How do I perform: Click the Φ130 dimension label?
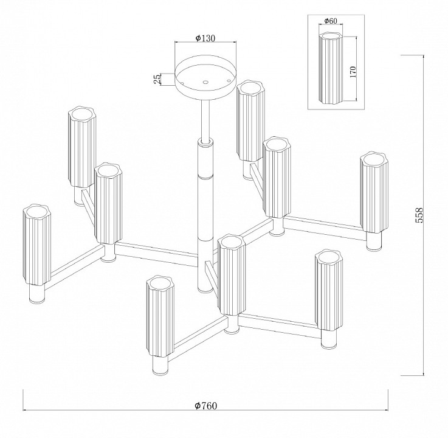pyautogui.click(x=205, y=38)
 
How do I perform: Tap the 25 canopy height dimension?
pyautogui.click(x=157, y=79)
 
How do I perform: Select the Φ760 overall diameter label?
pyautogui.click(x=205, y=406)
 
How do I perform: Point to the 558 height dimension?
pyautogui.click(x=419, y=215)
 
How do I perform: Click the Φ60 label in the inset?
pyautogui.click(x=331, y=21)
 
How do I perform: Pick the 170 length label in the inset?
pyautogui.click(x=353, y=72)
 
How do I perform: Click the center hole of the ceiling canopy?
pyautogui.click(x=205, y=82)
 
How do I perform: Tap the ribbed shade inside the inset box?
pyautogui.click(x=331, y=68)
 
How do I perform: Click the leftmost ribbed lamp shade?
pyautogui.click(x=37, y=245)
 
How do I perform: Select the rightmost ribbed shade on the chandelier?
pyautogui.click(x=374, y=193)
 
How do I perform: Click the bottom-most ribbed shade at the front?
pyautogui.click(x=160, y=316)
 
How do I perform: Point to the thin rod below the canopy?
pyautogui.click(x=205, y=119)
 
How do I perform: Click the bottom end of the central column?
pyautogui.click(x=205, y=290)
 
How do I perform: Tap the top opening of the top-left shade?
pyautogui.click(x=83, y=114)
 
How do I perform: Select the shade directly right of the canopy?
pyautogui.click(x=252, y=121)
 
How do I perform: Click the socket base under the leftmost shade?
pyautogui.click(x=37, y=294)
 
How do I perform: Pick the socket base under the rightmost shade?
pyautogui.click(x=374, y=242)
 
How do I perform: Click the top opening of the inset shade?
pyautogui.click(x=331, y=36)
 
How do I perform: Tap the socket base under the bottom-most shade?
pyautogui.click(x=160, y=366)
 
